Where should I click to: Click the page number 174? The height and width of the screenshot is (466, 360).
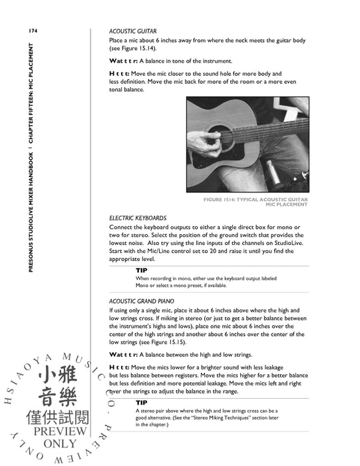pyautogui.click(x=33, y=31)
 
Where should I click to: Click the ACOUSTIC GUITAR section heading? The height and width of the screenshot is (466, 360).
pyautogui.click(x=132, y=31)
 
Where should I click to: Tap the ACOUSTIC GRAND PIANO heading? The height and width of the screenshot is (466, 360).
pyautogui.click(x=142, y=301)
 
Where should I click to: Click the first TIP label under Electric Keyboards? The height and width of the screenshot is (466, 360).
pyautogui.click(x=142, y=270)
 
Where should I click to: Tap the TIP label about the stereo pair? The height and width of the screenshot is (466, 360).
pyautogui.click(x=142, y=403)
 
